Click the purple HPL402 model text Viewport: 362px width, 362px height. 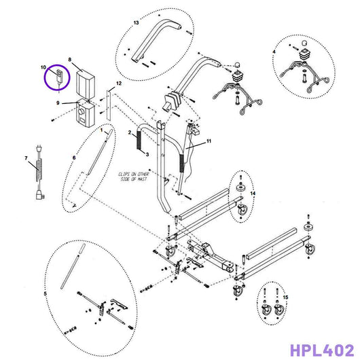(321, 350)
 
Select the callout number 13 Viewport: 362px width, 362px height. (136, 23)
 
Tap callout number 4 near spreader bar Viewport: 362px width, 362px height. (274, 52)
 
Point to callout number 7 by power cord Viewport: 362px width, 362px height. (26, 160)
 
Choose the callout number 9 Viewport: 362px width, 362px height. (59, 103)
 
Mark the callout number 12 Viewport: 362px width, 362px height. (119, 82)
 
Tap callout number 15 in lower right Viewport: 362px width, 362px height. (286, 297)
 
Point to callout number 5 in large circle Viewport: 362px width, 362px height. (46, 293)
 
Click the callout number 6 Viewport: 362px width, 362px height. (73, 158)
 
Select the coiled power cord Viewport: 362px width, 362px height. (38, 178)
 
